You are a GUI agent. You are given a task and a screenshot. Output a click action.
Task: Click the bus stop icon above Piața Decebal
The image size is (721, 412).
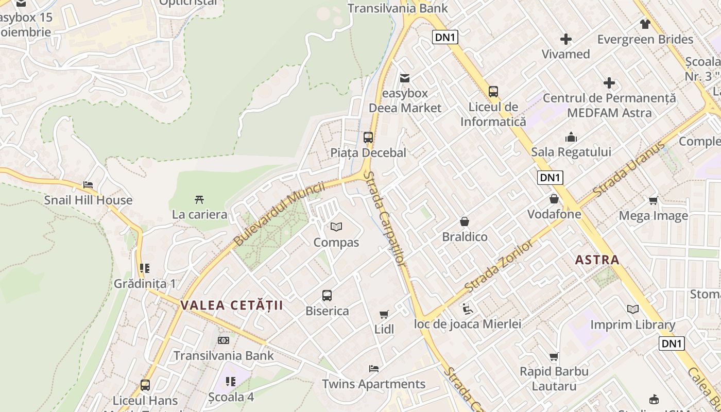[368, 138]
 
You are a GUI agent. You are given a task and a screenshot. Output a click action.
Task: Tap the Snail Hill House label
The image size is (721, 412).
[88, 200]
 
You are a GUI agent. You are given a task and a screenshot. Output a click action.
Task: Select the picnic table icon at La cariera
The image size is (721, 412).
[199, 199]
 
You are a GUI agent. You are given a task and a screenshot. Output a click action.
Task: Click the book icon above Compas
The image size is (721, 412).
[336, 227]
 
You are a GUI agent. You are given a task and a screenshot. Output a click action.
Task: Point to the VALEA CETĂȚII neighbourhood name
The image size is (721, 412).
[232, 305]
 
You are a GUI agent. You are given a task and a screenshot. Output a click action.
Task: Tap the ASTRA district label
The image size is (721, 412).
[597, 260]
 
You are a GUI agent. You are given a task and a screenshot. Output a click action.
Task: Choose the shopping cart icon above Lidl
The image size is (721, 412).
[384, 314]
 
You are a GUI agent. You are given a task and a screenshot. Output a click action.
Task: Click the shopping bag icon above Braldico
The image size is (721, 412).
[465, 221]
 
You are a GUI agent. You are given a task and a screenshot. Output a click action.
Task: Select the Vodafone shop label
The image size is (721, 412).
[554, 214]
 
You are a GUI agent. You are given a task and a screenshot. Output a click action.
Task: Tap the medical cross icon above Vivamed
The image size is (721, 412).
[566, 39]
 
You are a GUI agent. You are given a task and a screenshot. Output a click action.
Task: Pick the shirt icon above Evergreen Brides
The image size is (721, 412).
[645, 24]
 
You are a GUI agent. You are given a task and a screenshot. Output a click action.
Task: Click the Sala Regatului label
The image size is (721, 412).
[571, 152]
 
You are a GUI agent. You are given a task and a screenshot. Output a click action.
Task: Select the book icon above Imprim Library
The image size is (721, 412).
[632, 309]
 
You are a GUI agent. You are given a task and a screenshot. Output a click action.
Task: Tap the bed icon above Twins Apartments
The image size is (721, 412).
[374, 369]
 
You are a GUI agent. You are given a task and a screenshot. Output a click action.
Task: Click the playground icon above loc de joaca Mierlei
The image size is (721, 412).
[468, 308]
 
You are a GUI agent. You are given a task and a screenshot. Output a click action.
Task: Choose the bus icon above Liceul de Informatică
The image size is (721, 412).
[493, 92]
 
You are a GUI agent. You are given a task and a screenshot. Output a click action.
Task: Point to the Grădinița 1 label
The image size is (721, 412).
[145, 284]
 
